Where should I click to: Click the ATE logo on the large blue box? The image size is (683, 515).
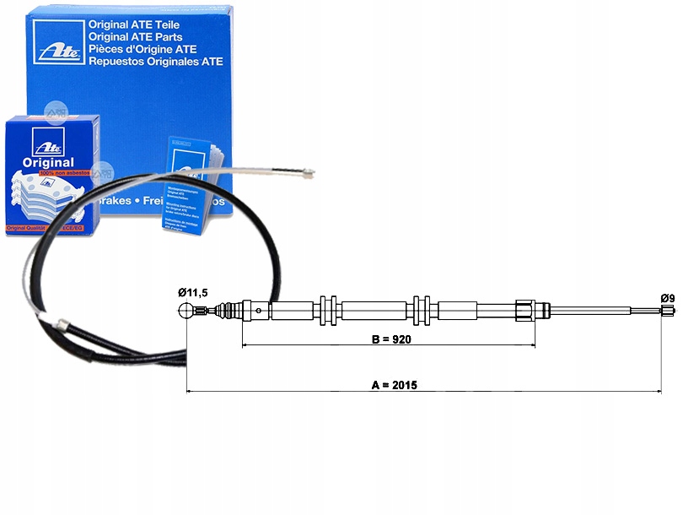click(55, 42)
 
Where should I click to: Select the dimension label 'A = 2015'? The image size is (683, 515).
click(395, 385)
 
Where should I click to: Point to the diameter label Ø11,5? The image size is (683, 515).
click(192, 292)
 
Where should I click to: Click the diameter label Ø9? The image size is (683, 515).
click(667, 298)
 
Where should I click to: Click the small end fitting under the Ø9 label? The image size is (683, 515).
click(666, 312)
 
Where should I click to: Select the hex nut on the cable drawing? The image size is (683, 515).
click(524, 310)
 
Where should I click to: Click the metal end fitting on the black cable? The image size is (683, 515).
click(61, 323)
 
